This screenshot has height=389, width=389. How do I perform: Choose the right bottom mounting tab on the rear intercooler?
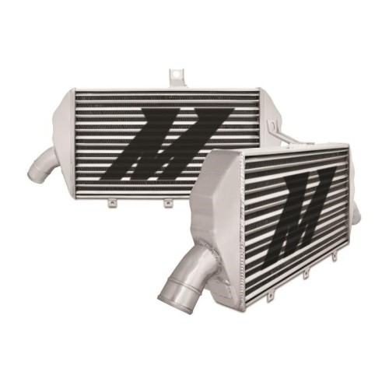pyautogui.click(x=168, y=204)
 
